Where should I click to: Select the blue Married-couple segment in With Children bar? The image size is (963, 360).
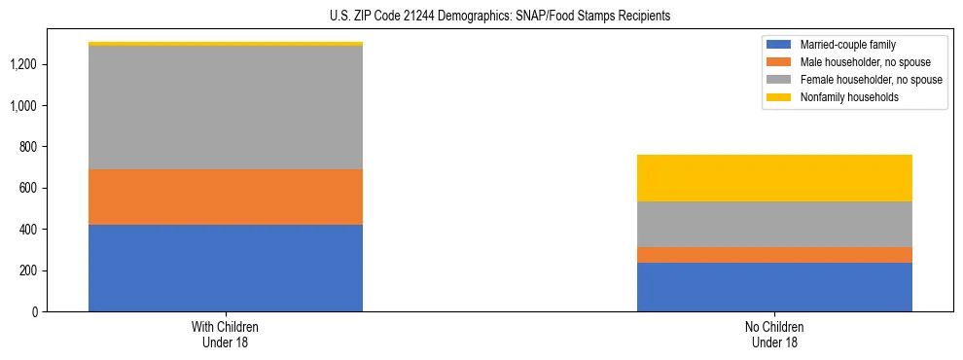coord(226,268)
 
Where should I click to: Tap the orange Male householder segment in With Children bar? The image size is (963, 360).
coord(226,197)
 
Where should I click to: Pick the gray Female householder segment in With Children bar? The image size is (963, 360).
coord(226,107)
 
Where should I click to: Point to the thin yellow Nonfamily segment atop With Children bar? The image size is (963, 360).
coord(226,44)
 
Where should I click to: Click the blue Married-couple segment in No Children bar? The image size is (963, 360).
coord(774,287)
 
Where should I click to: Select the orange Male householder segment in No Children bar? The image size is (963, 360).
coord(774,255)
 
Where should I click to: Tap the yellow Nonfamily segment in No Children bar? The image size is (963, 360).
coord(774,178)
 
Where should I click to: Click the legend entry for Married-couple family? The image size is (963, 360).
coord(847,45)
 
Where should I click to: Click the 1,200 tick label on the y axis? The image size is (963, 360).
coord(24,64)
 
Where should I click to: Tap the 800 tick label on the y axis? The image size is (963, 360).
coord(30,147)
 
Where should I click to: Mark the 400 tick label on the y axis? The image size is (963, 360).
coord(30,230)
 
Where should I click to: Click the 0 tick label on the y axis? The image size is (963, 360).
coord(36,311)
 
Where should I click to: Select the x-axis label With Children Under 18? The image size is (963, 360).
coord(225,334)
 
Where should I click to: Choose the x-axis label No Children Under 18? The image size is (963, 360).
coord(774,334)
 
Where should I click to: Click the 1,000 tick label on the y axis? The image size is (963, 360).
coord(24,105)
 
